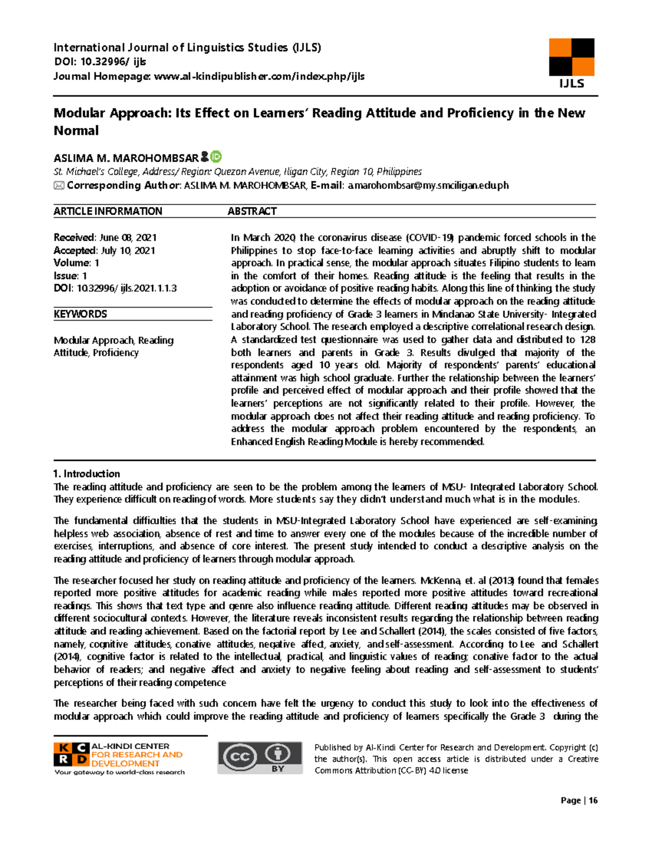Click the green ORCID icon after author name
[x=216, y=157]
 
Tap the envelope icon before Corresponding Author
[x=59, y=185]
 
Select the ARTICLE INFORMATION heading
[x=108, y=211]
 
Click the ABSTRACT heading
[x=252, y=211]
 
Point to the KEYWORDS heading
[x=80, y=314]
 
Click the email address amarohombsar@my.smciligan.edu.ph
[x=428, y=185]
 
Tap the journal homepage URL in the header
[x=259, y=76]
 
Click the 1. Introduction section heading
[x=86, y=473]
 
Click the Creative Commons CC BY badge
[x=260, y=757]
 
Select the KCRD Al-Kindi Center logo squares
[x=71, y=754]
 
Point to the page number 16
[x=593, y=800]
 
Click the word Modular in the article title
[x=79, y=113]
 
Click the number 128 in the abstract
[x=587, y=340]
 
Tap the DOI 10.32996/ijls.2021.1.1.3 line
[x=115, y=288]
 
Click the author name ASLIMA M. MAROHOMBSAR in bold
[x=126, y=158]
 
